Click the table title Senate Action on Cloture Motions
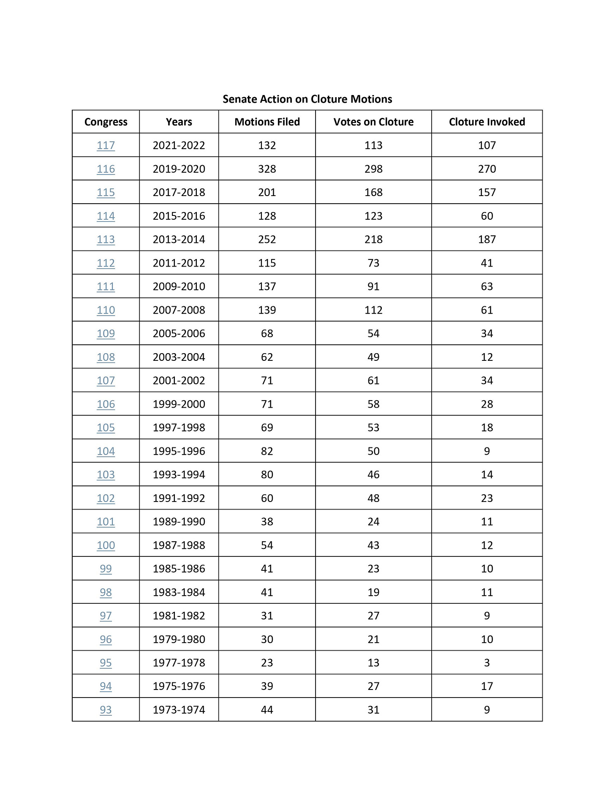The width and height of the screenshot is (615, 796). pos(307,99)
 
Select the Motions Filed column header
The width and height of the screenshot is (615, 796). pos(267,122)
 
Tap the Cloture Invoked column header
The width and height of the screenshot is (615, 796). pos(487,122)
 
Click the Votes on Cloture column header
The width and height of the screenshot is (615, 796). pos(373,122)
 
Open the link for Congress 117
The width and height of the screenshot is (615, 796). pos(106,145)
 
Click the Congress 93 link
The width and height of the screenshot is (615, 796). pos(106,710)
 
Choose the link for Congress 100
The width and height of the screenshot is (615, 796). pos(106,545)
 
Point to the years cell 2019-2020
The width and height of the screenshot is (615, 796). pos(179,169)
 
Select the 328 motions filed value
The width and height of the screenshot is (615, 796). pos(267,169)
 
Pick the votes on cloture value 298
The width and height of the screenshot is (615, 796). pos(373,169)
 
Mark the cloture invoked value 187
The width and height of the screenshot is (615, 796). pos(487,240)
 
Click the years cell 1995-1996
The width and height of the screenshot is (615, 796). pos(179,451)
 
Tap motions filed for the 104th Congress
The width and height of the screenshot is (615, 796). pos(267,451)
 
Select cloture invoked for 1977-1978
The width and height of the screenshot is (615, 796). pos(487,663)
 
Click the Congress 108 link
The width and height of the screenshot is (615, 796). pos(106,357)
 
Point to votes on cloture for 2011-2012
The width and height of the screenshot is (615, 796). pos(373,263)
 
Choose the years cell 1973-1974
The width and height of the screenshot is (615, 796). pos(179,710)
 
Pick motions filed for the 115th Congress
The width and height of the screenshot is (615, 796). pos(267,193)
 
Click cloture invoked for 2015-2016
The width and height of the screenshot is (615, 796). pos(487,216)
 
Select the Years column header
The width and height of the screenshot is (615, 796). pos(179,122)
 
